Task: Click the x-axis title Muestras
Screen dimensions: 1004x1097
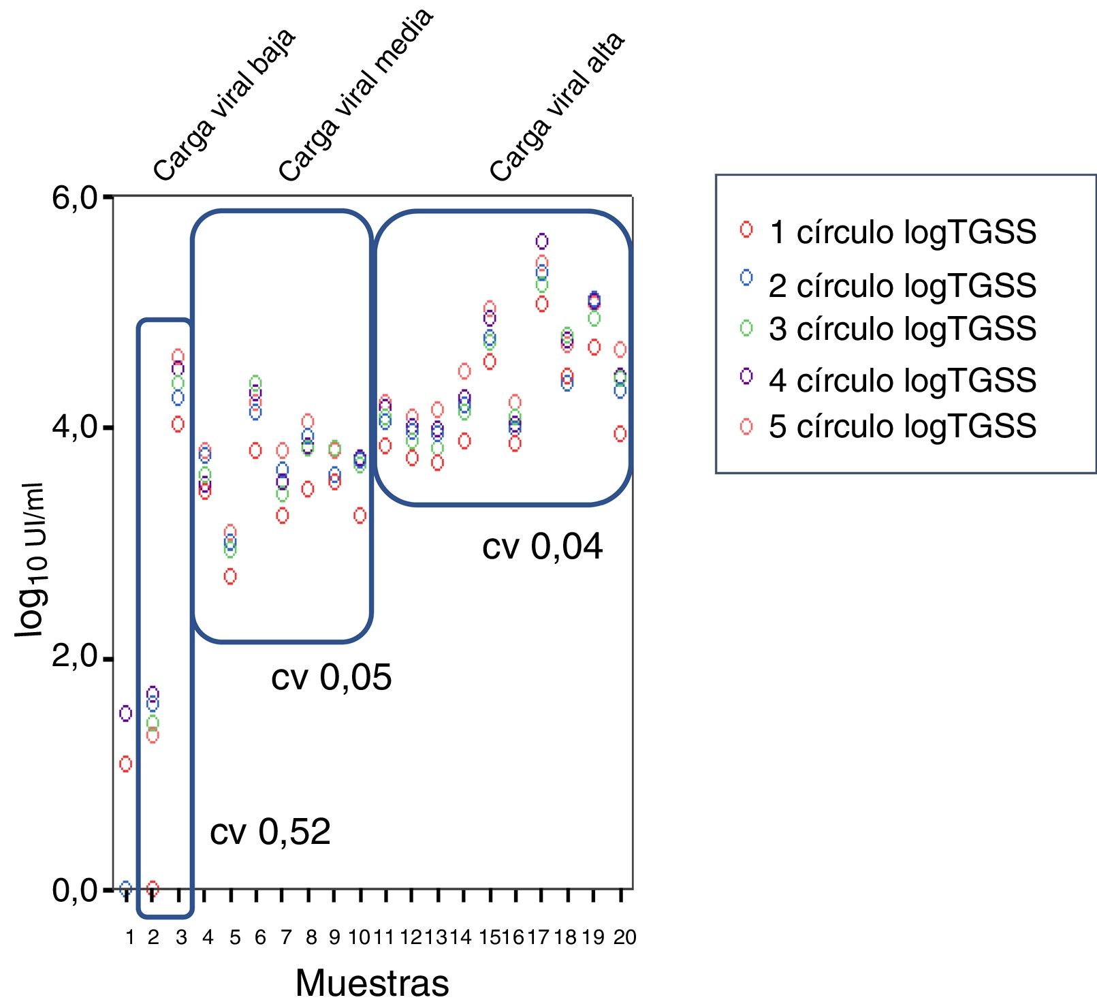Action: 372,982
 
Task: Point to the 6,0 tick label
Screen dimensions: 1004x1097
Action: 74,198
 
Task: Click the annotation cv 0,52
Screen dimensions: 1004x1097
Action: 270,832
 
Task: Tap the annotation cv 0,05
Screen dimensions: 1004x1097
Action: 331,677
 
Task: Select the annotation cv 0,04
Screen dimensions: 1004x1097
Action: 542,547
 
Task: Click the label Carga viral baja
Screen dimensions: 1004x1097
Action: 223,106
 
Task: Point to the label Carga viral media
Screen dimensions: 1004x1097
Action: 355,95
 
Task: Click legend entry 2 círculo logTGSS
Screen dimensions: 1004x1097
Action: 902,286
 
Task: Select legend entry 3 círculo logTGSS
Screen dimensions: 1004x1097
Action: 902,329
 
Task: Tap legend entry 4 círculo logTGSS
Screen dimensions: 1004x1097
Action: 902,380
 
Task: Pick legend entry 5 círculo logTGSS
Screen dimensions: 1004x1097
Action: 902,426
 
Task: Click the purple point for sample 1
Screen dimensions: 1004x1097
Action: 125,713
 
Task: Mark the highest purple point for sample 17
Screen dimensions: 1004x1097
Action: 542,241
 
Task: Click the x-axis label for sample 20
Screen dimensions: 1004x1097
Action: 624,938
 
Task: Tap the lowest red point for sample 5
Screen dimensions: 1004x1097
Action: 230,576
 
